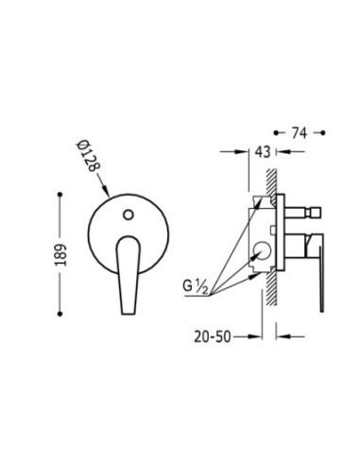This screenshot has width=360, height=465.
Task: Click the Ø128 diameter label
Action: coord(88,156)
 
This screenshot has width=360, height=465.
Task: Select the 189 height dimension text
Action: coord(61,254)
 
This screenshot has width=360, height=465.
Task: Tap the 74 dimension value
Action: coord(299,133)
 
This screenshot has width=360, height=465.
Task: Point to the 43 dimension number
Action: coord(263,152)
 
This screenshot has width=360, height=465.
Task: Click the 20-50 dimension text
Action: coord(213,336)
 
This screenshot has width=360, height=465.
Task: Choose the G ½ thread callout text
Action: coord(196,287)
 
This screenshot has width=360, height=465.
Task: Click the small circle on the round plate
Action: coord(129,215)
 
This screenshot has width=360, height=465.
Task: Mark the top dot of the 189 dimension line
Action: coord(60,195)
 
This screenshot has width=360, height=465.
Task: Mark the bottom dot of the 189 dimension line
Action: coord(60,314)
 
